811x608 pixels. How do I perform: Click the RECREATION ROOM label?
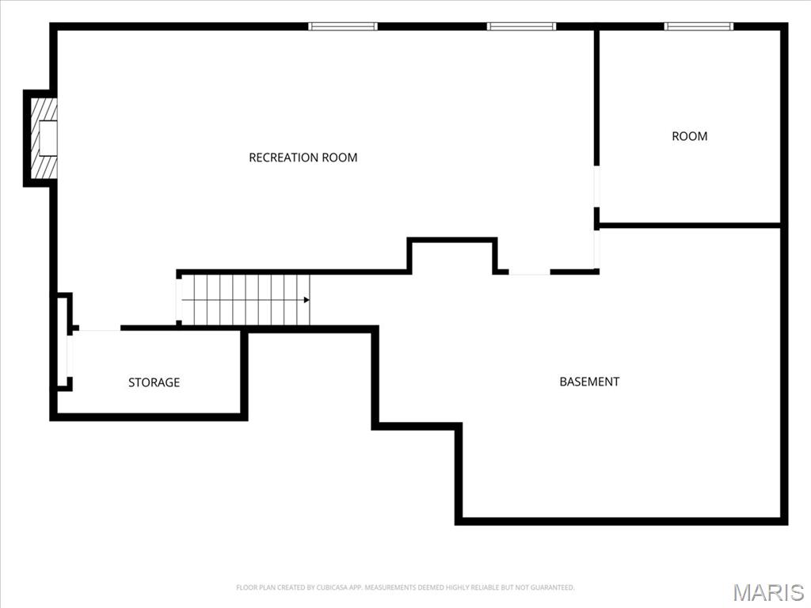coord(303,158)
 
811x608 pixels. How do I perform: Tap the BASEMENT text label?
coord(589,382)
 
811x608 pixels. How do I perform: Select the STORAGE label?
coord(154,382)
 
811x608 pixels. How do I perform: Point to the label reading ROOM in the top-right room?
coord(689,136)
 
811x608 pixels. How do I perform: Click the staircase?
coord(244,300)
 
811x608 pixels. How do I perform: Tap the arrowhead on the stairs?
coord(306,300)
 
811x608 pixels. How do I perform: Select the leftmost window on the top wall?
coord(343,26)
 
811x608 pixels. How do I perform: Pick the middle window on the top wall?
coord(521,26)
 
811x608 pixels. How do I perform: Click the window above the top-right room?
coord(699,26)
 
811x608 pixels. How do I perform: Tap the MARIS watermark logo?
coord(767,592)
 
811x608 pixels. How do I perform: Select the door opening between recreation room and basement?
coord(529,272)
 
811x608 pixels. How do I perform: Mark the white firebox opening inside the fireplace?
coord(48,138)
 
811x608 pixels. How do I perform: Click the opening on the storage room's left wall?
coord(70,357)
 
